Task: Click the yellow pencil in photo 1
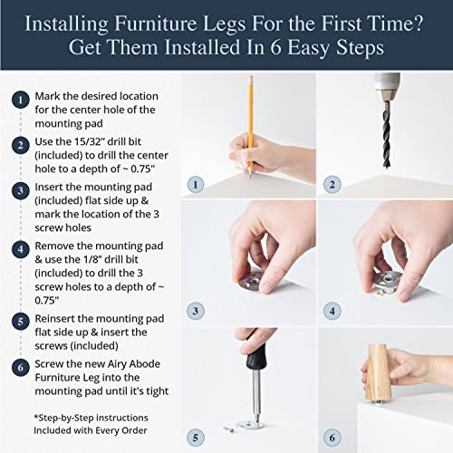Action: pyautogui.click(x=247, y=109)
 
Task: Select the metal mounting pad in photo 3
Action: pyautogui.click(x=255, y=281)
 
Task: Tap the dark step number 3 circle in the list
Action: pyautogui.click(x=20, y=190)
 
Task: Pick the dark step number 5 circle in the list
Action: pyautogui.click(x=20, y=321)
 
